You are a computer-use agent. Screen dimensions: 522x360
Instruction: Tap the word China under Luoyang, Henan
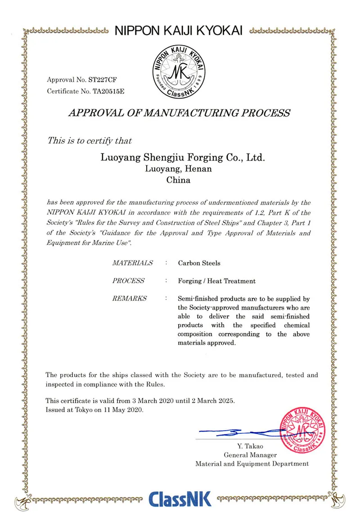click(x=179, y=180)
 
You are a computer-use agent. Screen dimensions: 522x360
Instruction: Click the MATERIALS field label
click(x=132, y=263)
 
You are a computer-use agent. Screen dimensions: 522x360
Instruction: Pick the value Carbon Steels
click(x=199, y=263)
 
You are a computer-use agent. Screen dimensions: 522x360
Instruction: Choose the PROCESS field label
click(x=129, y=281)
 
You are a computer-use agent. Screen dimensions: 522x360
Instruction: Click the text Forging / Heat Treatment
click(x=216, y=281)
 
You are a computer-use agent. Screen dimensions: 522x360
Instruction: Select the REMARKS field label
click(x=129, y=298)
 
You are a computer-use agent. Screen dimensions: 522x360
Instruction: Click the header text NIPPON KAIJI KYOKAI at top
click(x=179, y=31)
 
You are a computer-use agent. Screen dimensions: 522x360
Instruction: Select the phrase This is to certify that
click(x=90, y=140)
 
